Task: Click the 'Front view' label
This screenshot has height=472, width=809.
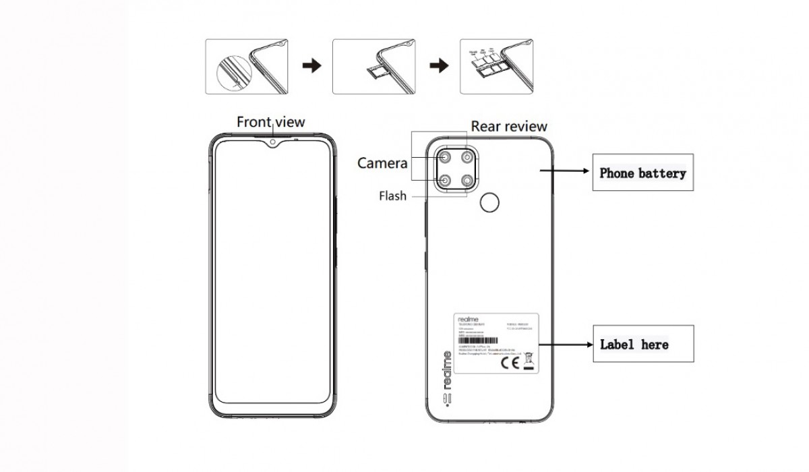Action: [270, 122]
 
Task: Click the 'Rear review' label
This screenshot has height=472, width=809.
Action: [509, 126]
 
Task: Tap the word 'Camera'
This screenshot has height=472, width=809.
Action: [382, 163]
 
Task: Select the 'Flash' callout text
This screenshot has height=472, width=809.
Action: [392, 196]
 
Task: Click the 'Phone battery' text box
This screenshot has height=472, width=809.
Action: [642, 173]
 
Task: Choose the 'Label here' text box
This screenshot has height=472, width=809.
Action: [634, 345]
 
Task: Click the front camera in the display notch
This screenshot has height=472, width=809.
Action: [272, 142]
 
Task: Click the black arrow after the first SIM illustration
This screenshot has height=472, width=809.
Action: [311, 65]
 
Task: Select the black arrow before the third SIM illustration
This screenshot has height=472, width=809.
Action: [440, 65]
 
